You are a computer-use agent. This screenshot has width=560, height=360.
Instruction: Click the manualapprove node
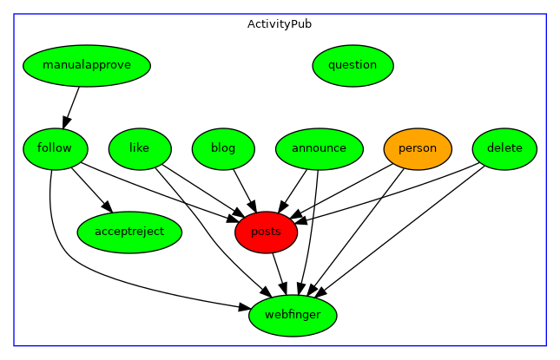[x=87, y=65]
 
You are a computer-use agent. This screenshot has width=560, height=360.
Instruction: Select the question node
[x=352, y=65]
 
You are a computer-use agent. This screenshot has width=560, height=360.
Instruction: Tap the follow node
[x=55, y=148]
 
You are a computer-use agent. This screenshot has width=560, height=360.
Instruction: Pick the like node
[x=139, y=148]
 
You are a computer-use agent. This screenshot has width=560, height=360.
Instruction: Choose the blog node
[x=223, y=148]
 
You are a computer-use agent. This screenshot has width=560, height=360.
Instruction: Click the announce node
[x=319, y=148]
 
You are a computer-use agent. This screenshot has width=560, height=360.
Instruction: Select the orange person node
[x=418, y=148]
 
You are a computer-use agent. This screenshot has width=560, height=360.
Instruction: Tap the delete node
[x=504, y=148]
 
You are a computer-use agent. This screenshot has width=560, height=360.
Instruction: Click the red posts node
[x=266, y=232]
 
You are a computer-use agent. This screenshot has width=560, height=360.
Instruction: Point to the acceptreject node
[x=129, y=232]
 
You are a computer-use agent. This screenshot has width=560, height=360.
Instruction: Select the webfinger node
[x=293, y=315]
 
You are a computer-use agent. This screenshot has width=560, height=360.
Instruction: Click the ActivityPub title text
[x=280, y=24]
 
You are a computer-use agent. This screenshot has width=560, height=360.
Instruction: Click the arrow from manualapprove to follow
[x=71, y=107]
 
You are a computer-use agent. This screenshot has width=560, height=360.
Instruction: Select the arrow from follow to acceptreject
[x=91, y=189]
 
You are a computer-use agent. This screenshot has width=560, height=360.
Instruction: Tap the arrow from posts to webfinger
[x=279, y=272]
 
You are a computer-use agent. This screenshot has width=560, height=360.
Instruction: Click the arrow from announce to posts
[x=294, y=188]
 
